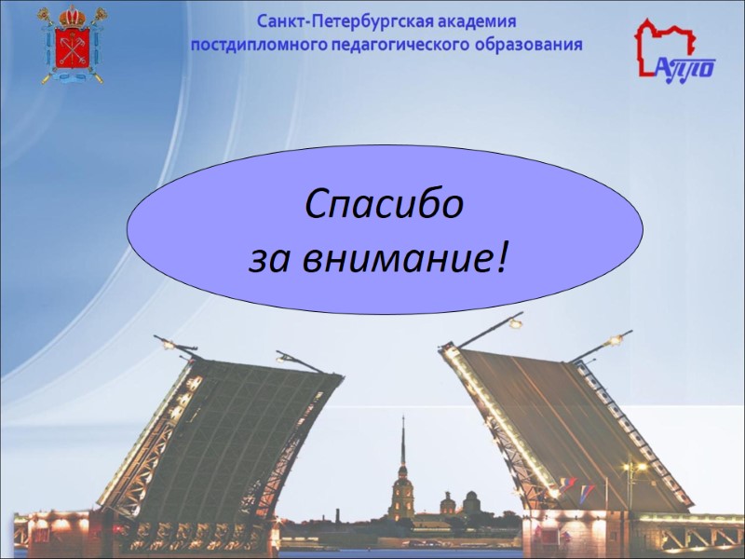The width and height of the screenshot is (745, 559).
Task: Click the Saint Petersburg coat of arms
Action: point(72,45)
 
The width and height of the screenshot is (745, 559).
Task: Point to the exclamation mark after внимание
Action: point(503,253)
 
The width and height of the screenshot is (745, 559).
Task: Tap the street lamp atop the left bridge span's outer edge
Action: point(168,343)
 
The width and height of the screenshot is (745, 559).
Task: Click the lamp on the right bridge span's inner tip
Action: point(515,322)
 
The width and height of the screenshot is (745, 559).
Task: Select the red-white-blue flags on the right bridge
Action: point(569,486)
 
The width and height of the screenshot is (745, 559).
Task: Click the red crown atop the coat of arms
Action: point(72,16)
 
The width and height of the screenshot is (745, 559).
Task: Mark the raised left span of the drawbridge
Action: point(223,438)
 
